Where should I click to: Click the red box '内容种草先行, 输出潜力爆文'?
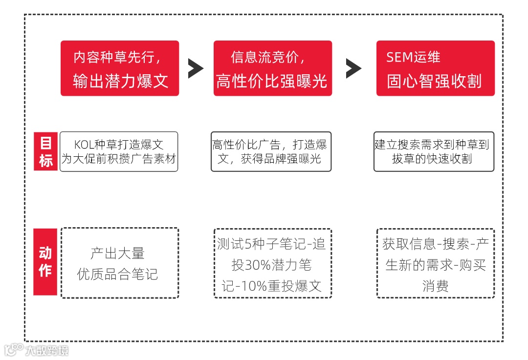(120, 68)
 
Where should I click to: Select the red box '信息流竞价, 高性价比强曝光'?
(272, 68)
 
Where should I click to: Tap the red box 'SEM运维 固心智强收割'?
(435, 68)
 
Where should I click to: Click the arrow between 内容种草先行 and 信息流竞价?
(196, 68)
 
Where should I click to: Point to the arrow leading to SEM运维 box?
(353, 68)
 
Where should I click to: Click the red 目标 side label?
(45, 151)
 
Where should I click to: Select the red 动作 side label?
(45, 262)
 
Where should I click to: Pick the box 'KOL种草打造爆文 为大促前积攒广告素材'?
(119, 151)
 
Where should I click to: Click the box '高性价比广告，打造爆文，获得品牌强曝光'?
(271, 151)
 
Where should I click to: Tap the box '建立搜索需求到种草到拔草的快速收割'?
(434, 151)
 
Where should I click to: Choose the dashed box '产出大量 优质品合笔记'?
(119, 263)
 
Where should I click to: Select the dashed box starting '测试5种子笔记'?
(272, 263)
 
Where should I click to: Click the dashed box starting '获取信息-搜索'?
(435, 263)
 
